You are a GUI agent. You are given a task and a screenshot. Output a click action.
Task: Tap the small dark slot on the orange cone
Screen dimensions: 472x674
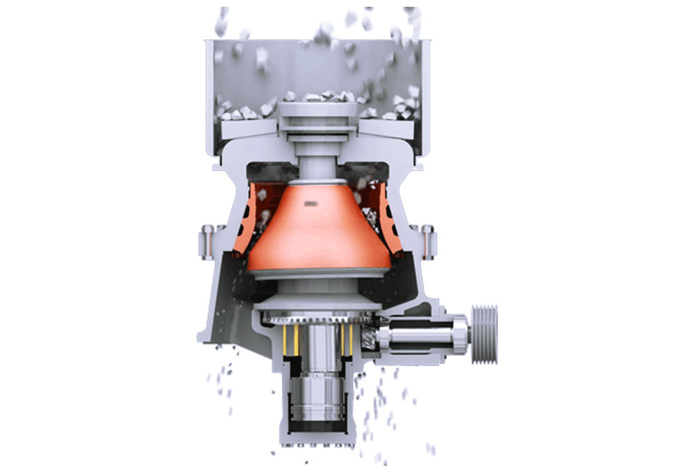pyautogui.click(x=311, y=202)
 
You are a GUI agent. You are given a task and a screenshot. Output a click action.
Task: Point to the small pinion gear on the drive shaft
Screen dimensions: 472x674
pyautogui.click(x=370, y=333)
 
